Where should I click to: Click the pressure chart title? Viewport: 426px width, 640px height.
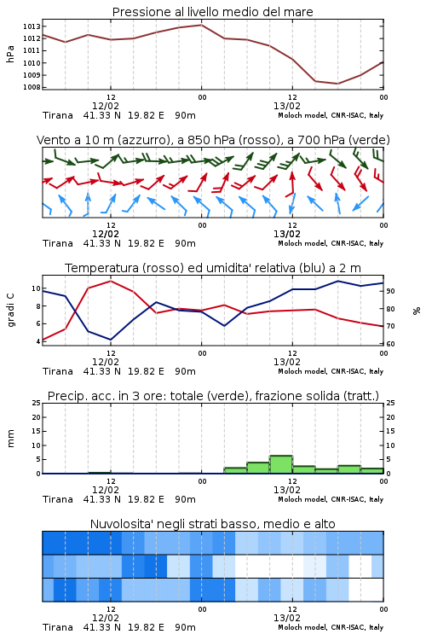[212, 12]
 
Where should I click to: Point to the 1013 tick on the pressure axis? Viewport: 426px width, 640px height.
[32, 26]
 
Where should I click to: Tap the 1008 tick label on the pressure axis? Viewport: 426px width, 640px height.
[32, 87]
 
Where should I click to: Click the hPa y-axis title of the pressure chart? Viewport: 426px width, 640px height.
[10, 54]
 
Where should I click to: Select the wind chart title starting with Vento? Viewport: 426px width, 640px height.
[213, 140]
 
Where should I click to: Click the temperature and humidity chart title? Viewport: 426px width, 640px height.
[213, 268]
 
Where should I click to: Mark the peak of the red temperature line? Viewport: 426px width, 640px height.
[111, 281]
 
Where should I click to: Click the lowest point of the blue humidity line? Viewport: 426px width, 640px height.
[111, 340]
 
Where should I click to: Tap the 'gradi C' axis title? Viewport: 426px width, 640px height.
[10, 310]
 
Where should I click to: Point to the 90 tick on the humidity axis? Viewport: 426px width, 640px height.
[390, 291]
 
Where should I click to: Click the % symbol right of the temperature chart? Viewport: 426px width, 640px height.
[417, 311]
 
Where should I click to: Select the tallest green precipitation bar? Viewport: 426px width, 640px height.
[281, 464]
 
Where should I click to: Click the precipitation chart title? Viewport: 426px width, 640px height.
[213, 396]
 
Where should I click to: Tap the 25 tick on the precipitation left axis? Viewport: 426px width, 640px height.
[37, 403]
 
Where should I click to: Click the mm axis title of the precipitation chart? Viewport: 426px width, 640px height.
[10, 439]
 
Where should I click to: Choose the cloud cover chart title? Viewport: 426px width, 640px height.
[212, 524]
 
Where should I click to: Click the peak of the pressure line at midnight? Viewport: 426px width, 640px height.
[201, 25]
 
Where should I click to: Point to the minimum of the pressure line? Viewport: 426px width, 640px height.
[337, 84]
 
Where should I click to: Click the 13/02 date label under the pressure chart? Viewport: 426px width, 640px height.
[286, 106]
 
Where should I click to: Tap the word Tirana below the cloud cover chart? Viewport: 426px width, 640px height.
[58, 627]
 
